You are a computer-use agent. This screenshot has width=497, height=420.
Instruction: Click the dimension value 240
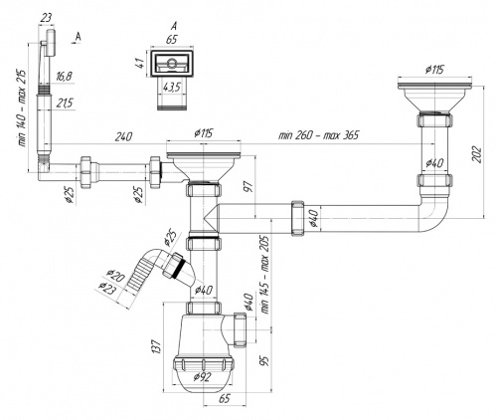tap(123, 136)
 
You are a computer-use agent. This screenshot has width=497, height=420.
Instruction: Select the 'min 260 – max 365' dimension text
tap(318, 135)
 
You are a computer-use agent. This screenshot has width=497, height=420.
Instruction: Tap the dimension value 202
tap(477, 154)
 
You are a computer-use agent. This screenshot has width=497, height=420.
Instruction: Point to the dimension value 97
tap(249, 186)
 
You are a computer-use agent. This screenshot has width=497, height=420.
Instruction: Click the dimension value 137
tap(157, 346)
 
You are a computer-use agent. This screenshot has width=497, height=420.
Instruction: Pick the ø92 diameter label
tap(202, 377)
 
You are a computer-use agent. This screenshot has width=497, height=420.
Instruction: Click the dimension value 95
tap(264, 360)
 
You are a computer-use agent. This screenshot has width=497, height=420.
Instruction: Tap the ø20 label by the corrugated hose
tap(115, 275)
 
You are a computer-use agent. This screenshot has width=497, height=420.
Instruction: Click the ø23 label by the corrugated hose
tap(107, 288)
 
